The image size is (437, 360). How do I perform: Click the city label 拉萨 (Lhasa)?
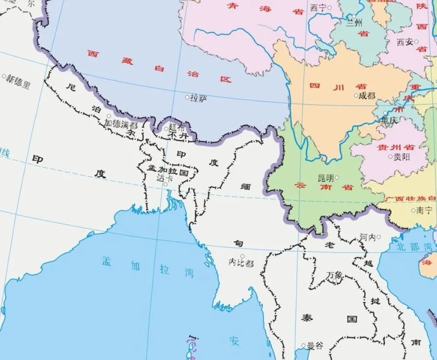[199, 98]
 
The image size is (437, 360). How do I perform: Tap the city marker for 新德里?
[4, 77]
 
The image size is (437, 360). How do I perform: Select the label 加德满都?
[121, 124]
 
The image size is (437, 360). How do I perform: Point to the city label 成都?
[367, 96]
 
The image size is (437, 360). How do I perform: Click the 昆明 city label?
[326, 178]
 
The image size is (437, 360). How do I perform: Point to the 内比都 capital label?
[241, 263]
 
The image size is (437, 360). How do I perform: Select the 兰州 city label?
[354, 22]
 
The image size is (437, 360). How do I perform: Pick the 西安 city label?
[405, 42]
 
